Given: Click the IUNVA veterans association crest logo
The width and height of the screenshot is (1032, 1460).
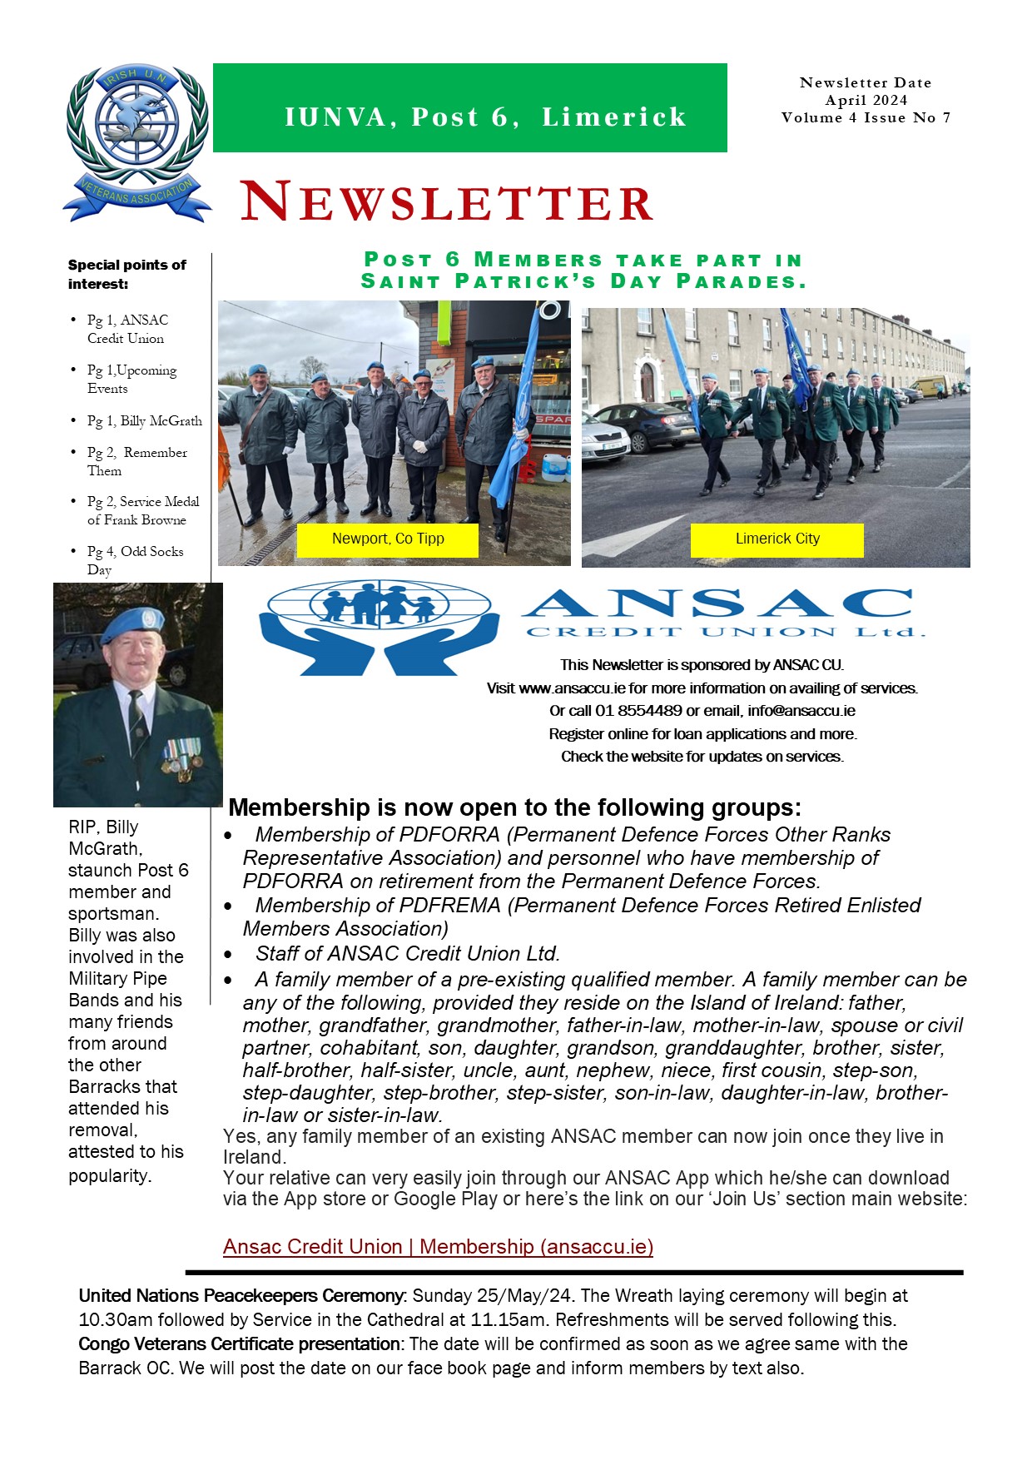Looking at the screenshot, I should (x=136, y=143).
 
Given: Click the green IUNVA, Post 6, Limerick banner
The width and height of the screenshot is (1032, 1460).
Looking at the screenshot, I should (x=469, y=108).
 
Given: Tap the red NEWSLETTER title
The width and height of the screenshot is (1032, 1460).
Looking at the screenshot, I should (x=447, y=202).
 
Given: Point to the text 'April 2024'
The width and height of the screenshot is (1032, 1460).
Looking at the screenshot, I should (x=866, y=100).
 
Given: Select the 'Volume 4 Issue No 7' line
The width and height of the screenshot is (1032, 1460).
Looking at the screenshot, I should (x=866, y=117).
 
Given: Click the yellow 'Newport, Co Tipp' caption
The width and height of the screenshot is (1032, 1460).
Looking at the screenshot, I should (x=388, y=539).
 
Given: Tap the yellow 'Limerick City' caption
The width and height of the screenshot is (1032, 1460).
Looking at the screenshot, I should (x=777, y=539).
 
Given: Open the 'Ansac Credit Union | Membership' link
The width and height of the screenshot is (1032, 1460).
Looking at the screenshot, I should (x=438, y=1246).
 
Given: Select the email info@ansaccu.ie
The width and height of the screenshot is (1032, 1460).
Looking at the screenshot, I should (x=801, y=711).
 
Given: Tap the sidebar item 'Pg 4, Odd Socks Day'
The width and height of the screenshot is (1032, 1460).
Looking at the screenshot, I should (x=135, y=560).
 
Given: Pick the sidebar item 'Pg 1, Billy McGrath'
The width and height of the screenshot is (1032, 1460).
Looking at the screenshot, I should (x=144, y=420).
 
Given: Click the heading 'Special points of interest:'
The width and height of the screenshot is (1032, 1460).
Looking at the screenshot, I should (x=127, y=274).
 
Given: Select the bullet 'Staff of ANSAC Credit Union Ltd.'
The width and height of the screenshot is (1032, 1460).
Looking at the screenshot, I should (x=408, y=953).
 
